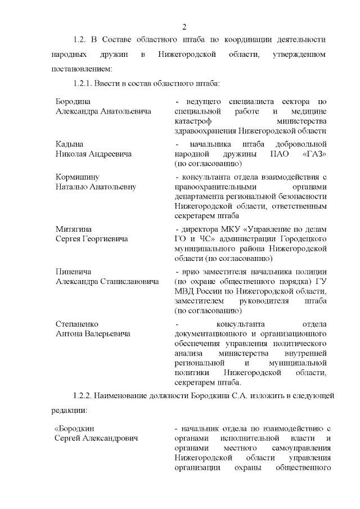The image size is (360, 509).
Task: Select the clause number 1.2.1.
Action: coord(85,83)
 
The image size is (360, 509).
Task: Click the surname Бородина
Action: coord(73,101)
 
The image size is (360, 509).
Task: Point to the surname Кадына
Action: coord(69,143)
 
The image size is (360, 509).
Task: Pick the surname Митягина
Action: coord(74,229)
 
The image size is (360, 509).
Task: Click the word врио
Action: coord(191,272)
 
